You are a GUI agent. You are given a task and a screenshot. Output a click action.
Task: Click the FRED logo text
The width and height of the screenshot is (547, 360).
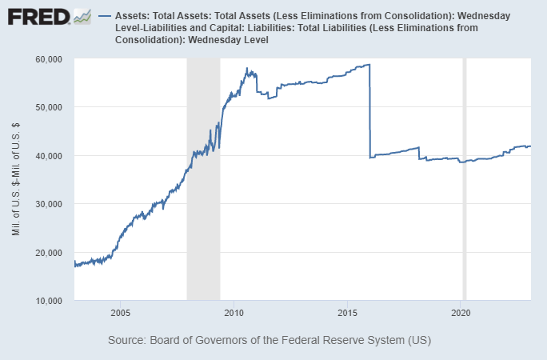tap(37, 16)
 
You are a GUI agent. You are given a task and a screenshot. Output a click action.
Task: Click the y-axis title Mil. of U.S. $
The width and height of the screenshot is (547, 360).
tap(17, 180)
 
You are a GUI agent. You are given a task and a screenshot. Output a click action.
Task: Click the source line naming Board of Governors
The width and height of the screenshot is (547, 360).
tap(270, 340)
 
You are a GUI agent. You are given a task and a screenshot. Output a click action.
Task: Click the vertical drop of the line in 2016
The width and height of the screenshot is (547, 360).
tap(369, 112)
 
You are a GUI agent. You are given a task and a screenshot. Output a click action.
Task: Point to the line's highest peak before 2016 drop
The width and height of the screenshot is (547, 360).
tap(368, 65)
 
